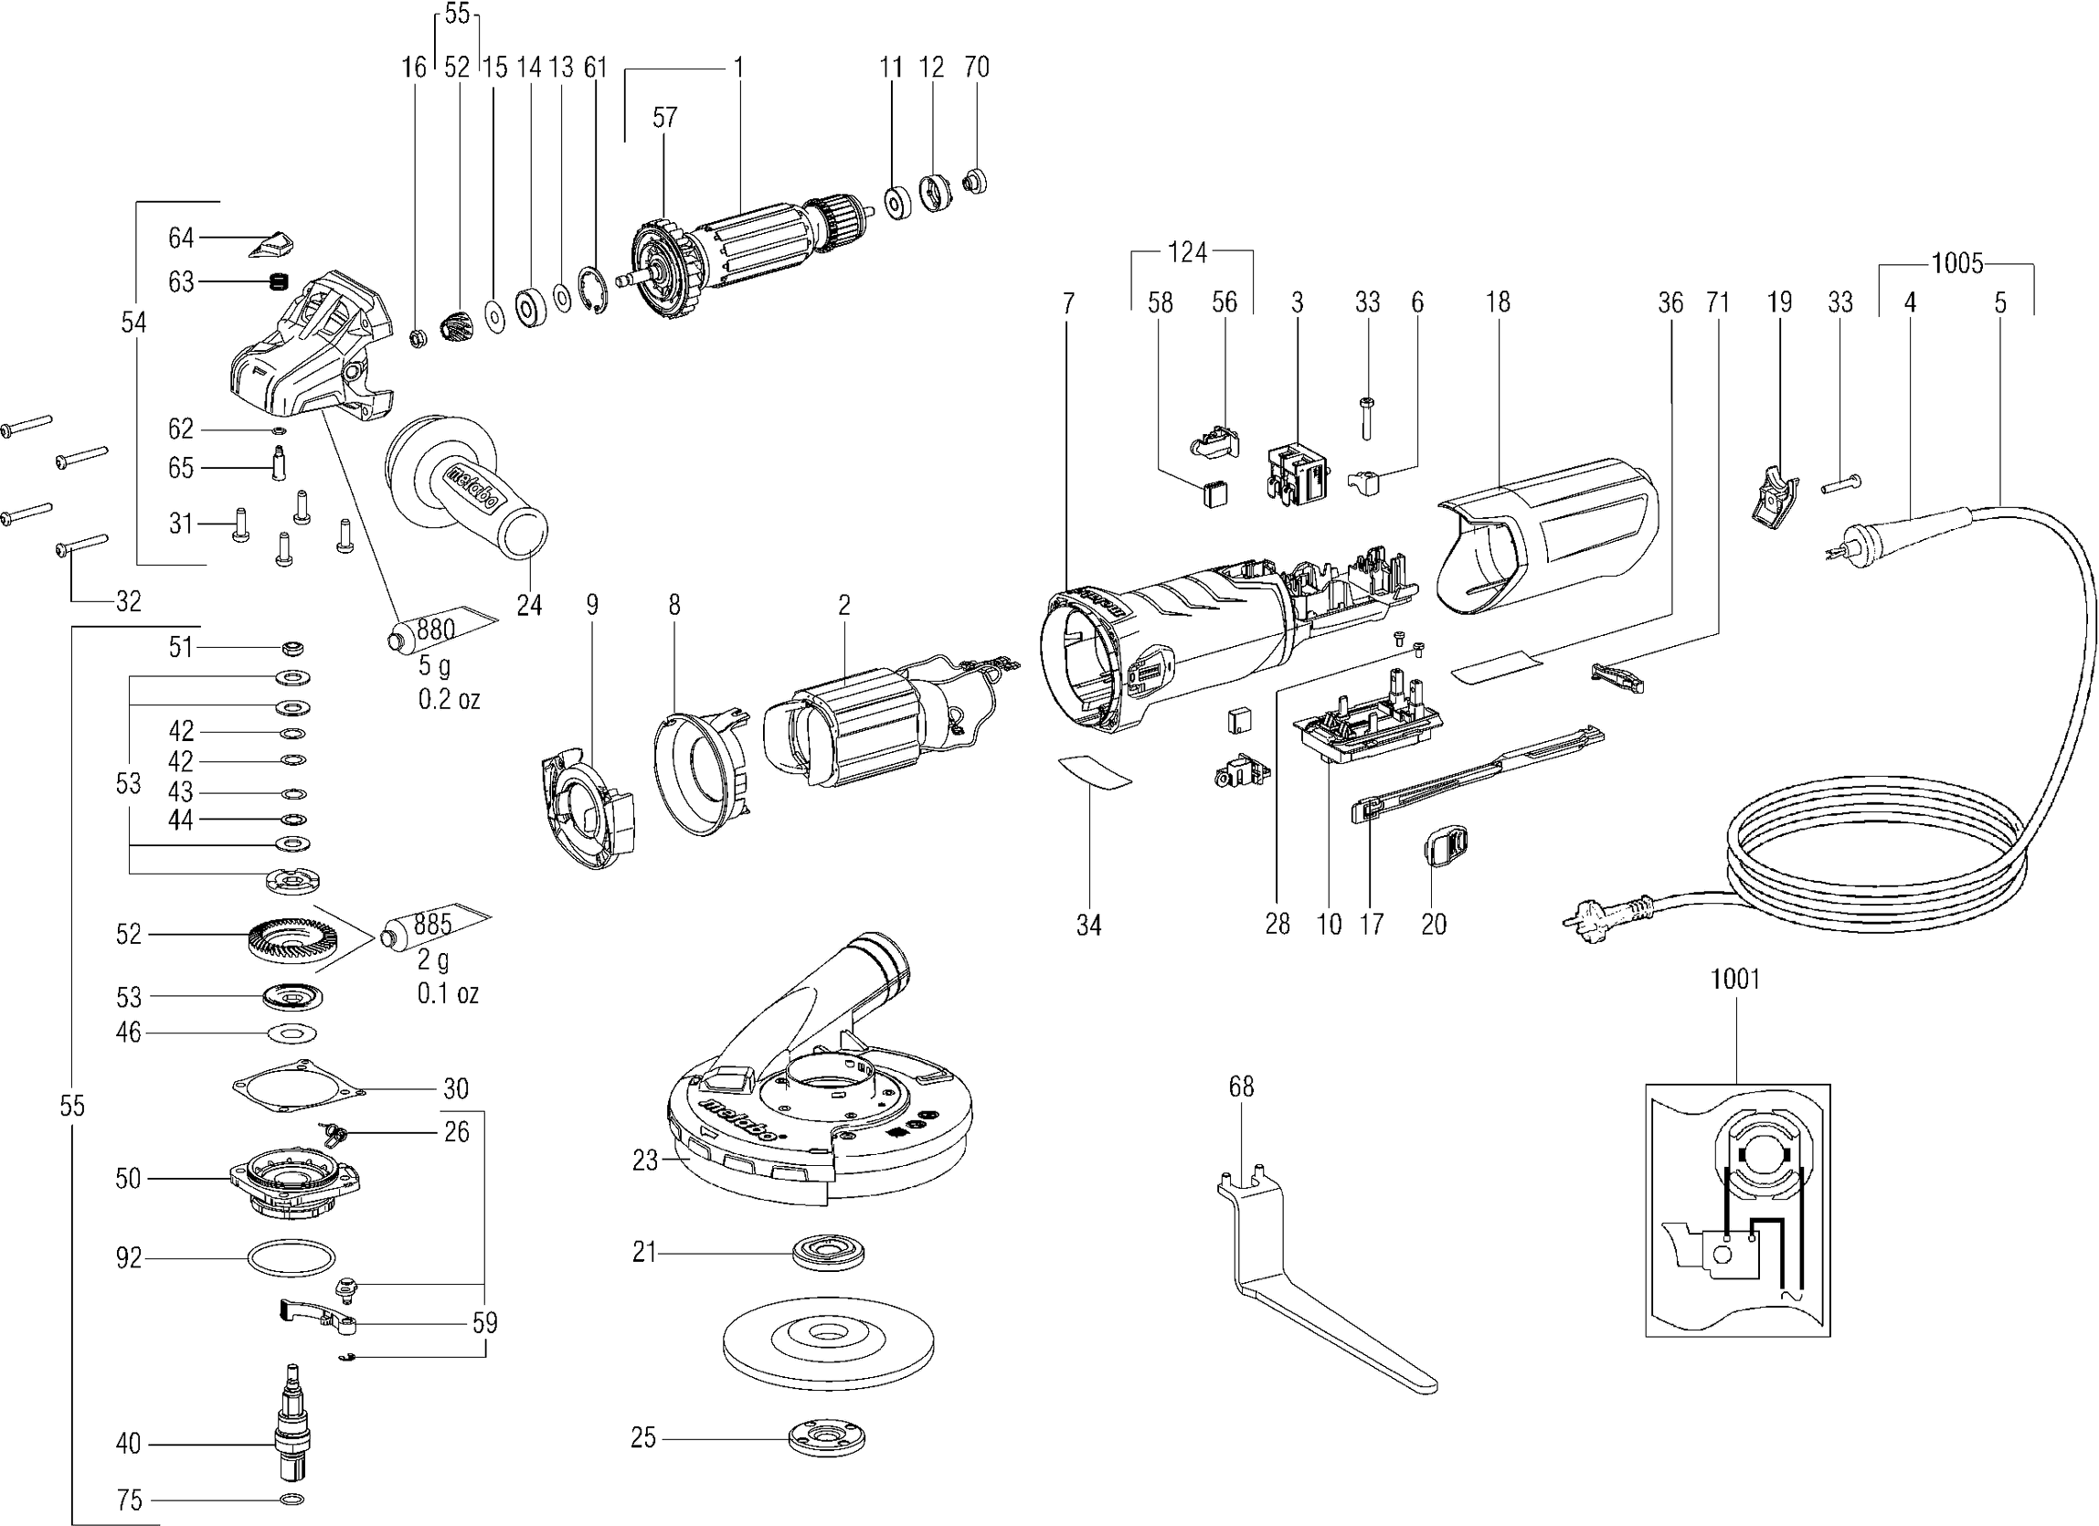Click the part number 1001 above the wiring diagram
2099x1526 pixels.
(1735, 979)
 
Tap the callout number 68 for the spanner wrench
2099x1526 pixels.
(1241, 1086)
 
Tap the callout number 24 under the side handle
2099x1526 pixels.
(529, 605)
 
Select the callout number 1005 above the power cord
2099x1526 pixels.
(1956, 264)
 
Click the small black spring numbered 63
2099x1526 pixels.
(280, 281)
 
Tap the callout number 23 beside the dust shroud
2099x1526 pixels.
(645, 1160)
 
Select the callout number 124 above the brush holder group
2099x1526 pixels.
(1187, 251)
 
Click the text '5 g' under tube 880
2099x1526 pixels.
(435, 665)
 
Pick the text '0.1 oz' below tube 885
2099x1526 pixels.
(448, 994)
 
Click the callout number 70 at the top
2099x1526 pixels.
(976, 67)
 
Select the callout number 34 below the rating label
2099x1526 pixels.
(1088, 926)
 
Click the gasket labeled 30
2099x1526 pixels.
(296, 1092)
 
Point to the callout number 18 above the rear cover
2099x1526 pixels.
(1498, 302)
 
